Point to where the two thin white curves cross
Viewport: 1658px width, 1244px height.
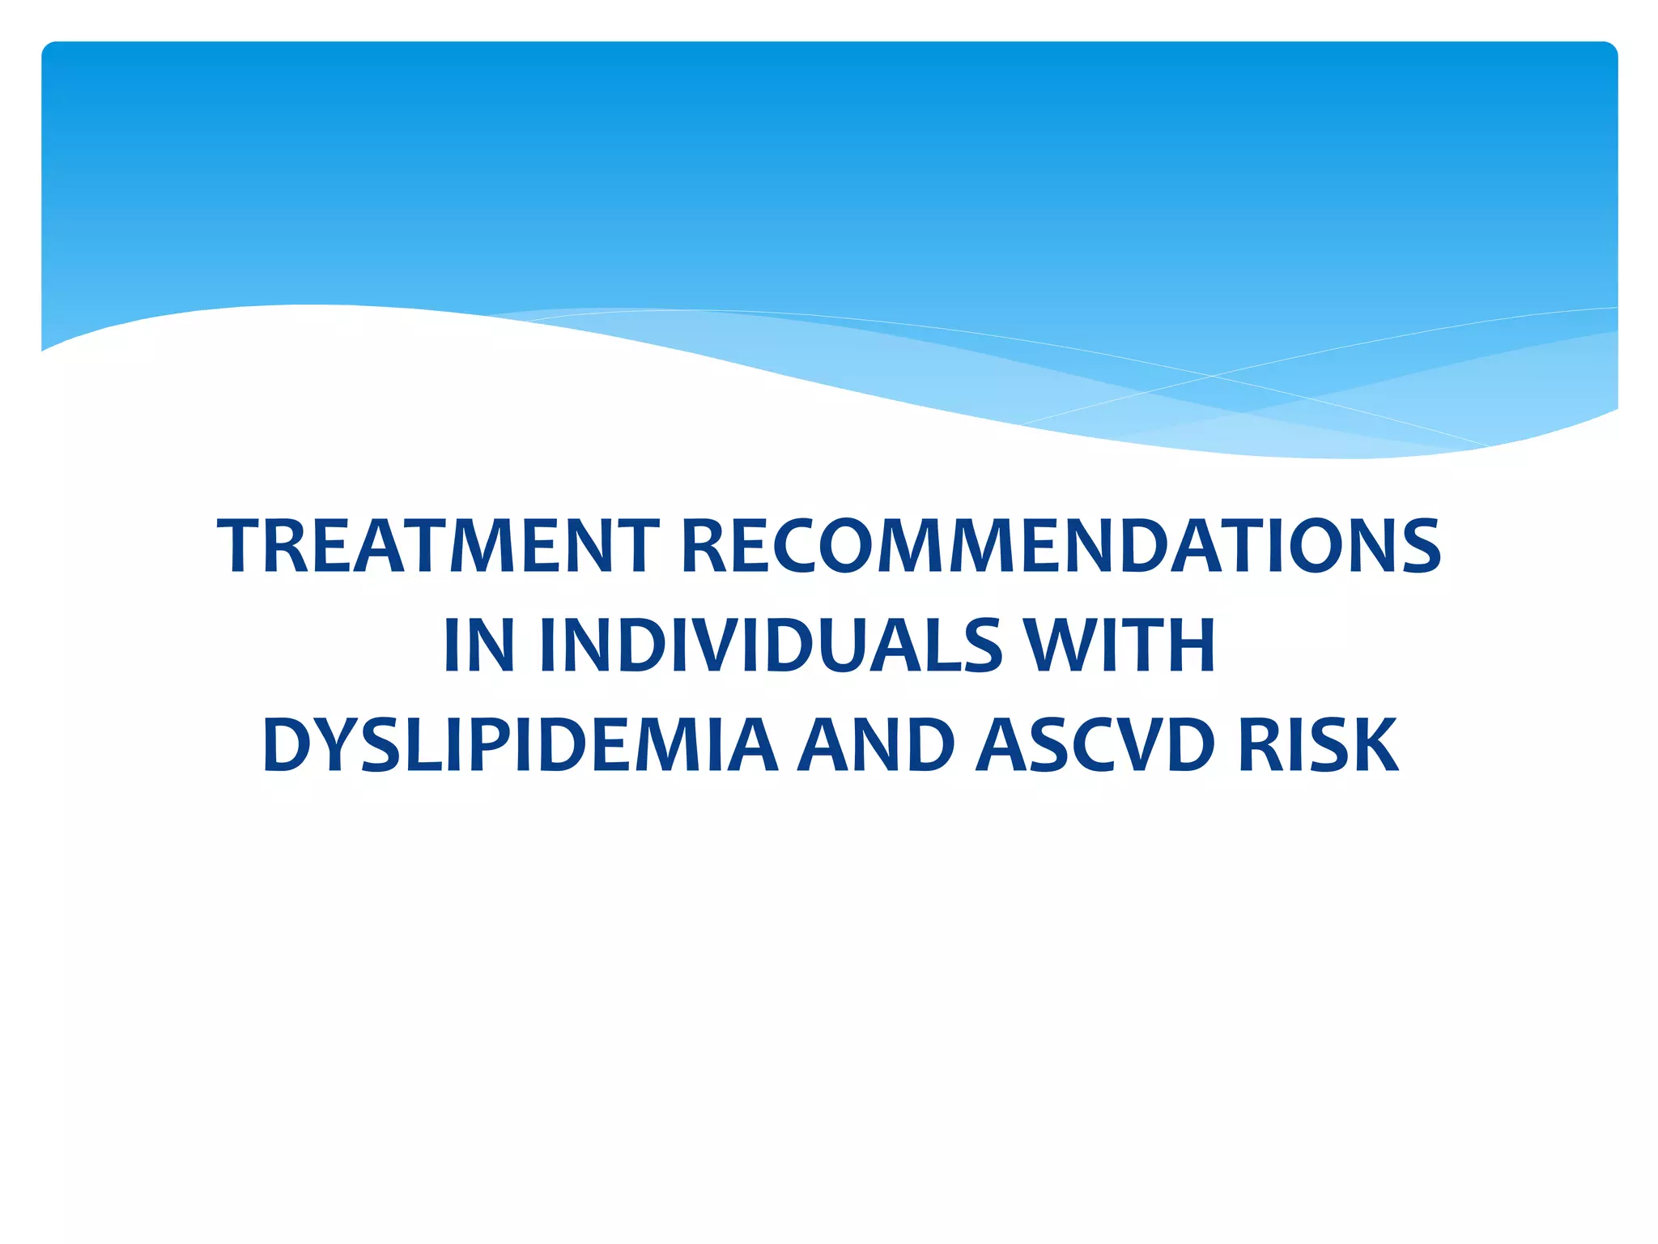1212,376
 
